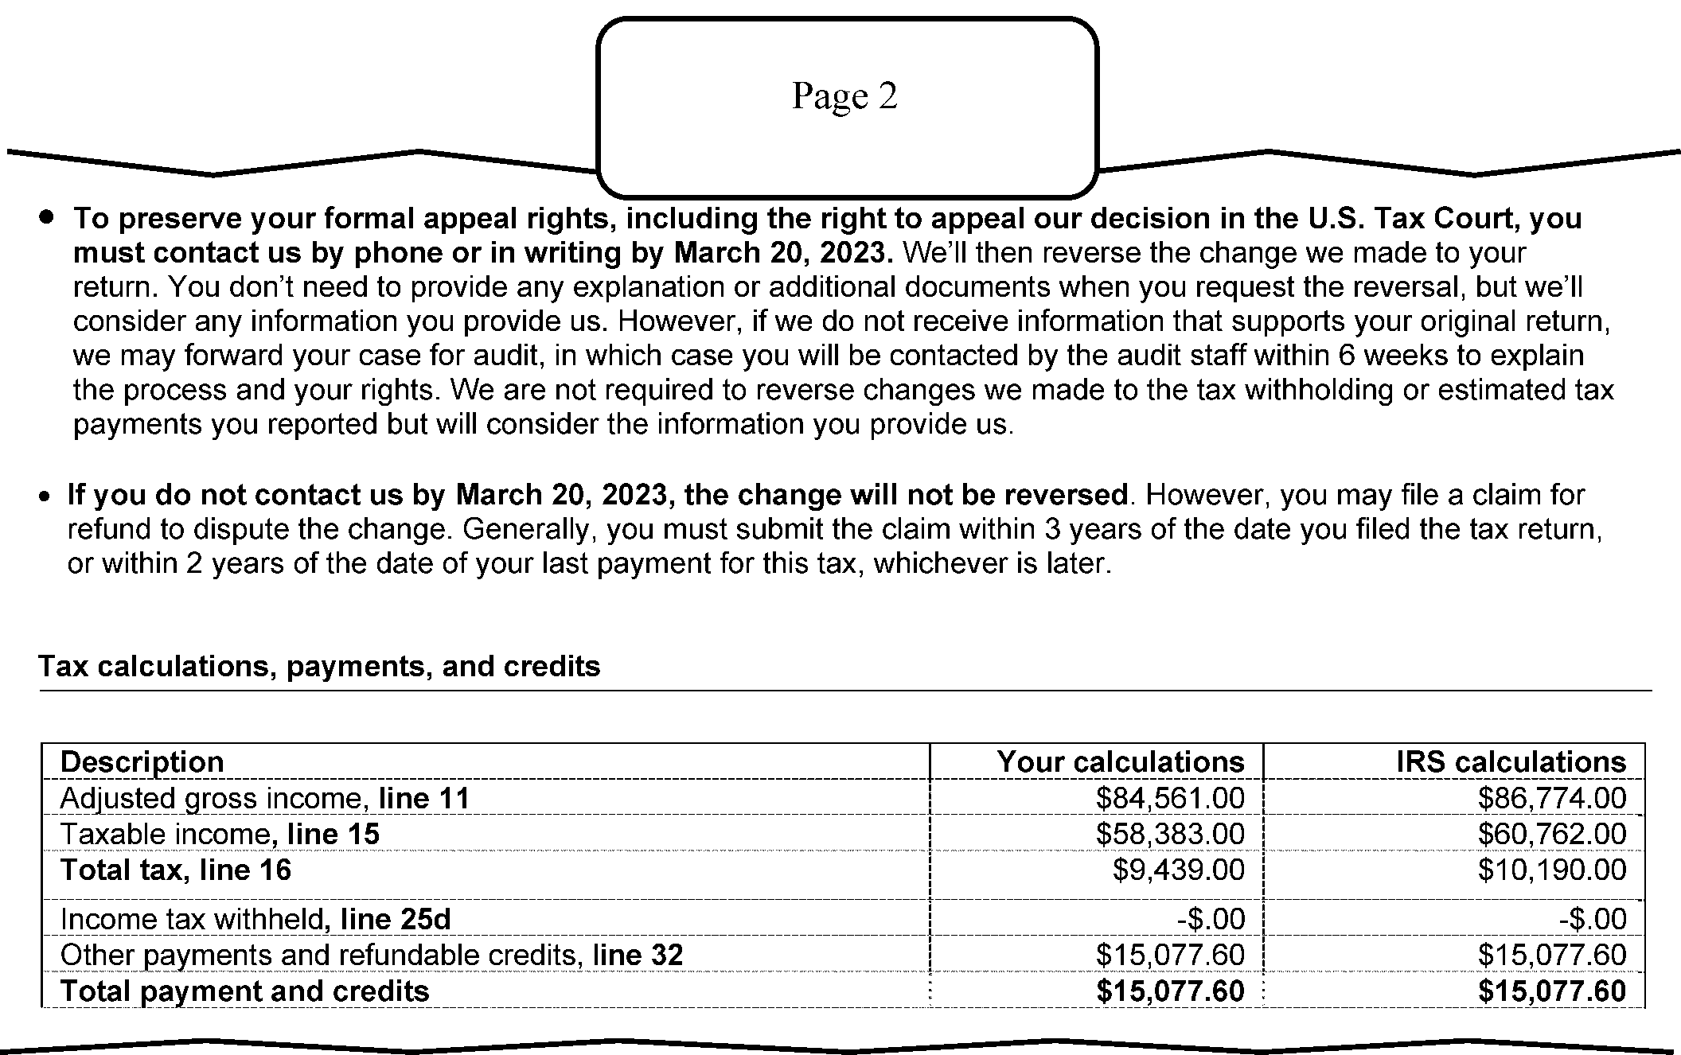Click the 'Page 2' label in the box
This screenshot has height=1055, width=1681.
pyautogui.click(x=844, y=96)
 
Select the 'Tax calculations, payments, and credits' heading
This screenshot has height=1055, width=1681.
pyautogui.click(x=319, y=666)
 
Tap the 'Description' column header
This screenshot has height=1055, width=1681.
pyautogui.click(x=142, y=762)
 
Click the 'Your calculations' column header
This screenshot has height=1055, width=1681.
pyautogui.click(x=1120, y=762)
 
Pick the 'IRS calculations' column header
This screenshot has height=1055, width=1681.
pyautogui.click(x=1511, y=762)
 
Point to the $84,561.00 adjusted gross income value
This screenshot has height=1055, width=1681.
pyautogui.click(x=1169, y=798)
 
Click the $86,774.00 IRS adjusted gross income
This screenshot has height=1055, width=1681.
pyautogui.click(x=1551, y=798)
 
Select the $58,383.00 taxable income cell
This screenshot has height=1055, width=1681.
pyautogui.click(x=1169, y=834)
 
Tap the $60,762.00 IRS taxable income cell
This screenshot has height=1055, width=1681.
pyautogui.click(x=1551, y=834)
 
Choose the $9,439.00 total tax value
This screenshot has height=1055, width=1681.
pyautogui.click(x=1178, y=870)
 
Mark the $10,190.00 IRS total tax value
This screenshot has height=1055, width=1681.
pyautogui.click(x=1551, y=870)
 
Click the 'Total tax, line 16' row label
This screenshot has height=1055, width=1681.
pyautogui.click(x=176, y=870)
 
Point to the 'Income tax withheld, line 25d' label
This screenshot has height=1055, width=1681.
pyautogui.click(x=255, y=920)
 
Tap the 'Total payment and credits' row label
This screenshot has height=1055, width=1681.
pyautogui.click(x=244, y=991)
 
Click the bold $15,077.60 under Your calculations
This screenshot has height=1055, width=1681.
pyautogui.click(x=1169, y=991)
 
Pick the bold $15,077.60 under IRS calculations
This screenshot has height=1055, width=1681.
pyautogui.click(x=1551, y=991)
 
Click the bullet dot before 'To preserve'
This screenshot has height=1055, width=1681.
pyautogui.click(x=49, y=216)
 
